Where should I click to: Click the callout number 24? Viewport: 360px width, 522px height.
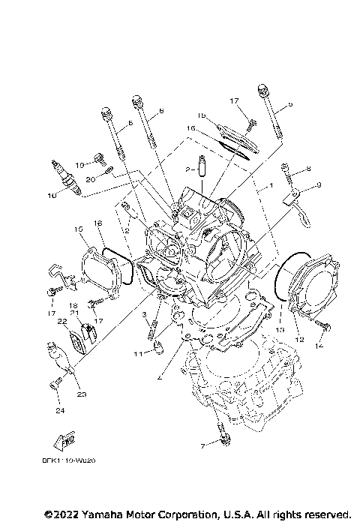[x=58, y=411]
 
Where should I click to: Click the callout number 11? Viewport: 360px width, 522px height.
[x=136, y=352]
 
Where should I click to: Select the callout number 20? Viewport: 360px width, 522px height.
[x=89, y=179]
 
